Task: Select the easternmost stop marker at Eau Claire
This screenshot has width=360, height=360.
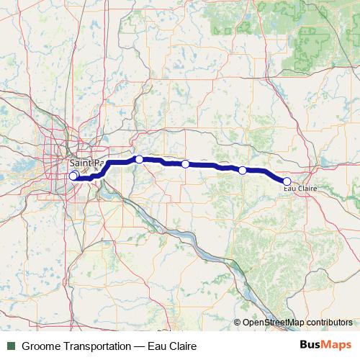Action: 287,181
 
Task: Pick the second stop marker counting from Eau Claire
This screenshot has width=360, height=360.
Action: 243,171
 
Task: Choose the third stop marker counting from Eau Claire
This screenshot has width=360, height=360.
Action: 185,164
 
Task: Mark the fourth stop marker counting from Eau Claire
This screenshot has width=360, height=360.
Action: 139,159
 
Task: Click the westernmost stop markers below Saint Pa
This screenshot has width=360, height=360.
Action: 73,176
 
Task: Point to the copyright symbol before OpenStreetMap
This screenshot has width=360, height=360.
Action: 237,323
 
